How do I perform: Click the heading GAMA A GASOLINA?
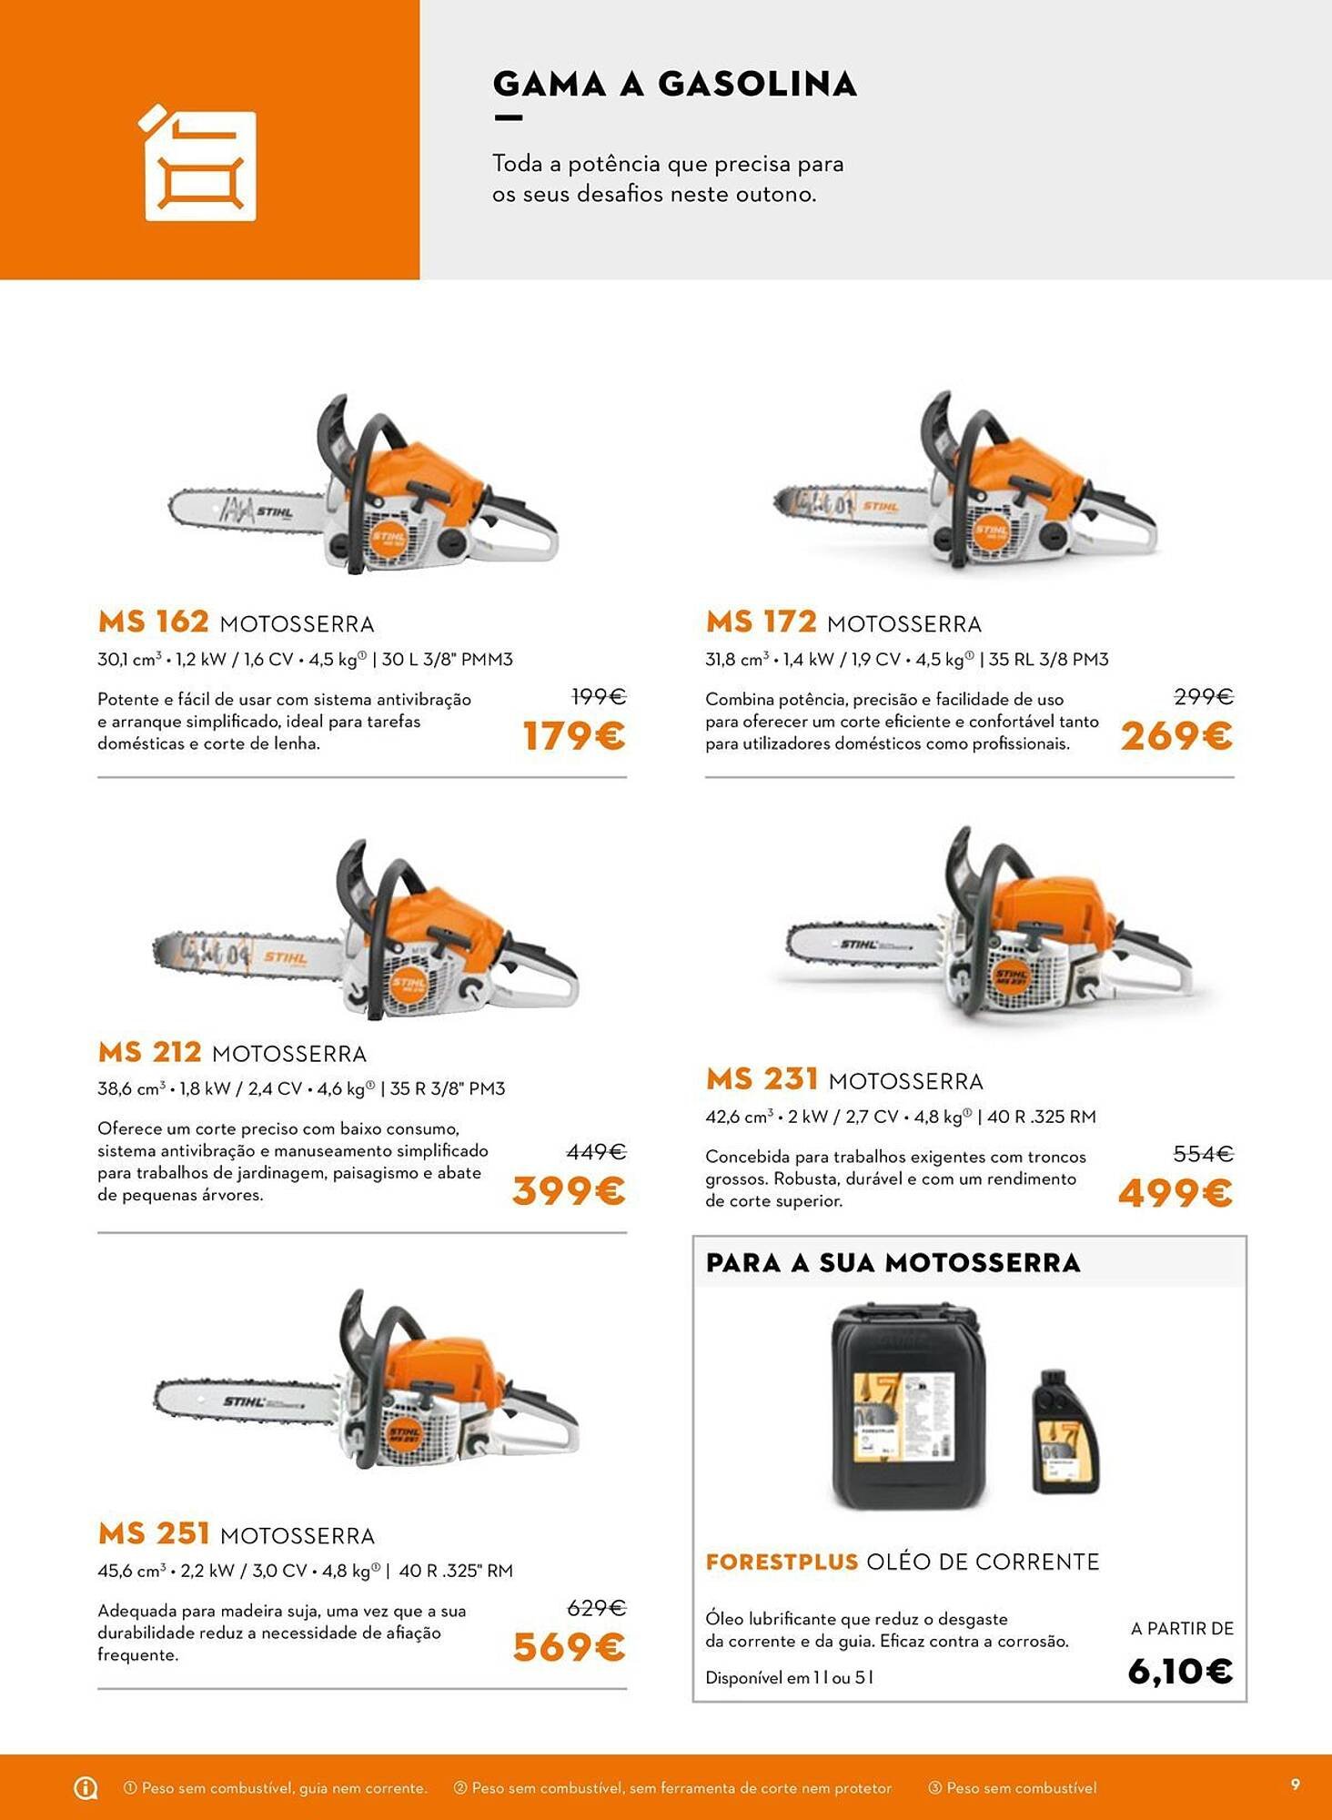point(674,84)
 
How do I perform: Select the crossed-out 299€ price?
point(1203,697)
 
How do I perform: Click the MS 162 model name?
point(154,622)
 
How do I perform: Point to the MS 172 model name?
point(762,622)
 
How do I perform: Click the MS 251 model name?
point(154,1534)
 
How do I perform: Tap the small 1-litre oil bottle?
point(1065,1434)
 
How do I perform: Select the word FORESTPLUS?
point(782,1562)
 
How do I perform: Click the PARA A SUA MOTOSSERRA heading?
point(893,1263)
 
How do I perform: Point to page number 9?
point(1296,1785)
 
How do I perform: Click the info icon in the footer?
point(86,1788)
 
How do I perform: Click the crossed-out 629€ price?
point(596,1609)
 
